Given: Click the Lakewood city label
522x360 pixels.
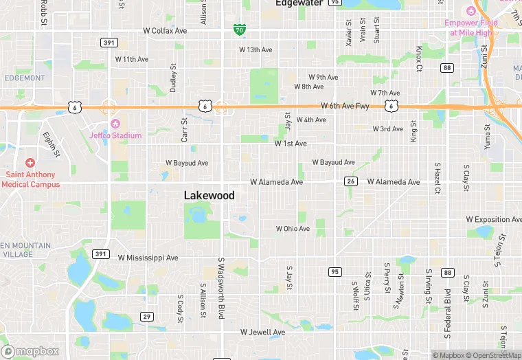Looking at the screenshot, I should tap(209, 196).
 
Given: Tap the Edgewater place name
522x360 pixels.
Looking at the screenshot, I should tap(299, 3).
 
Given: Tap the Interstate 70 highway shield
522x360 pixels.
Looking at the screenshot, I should tap(238, 30).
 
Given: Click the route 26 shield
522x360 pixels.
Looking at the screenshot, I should tap(351, 181).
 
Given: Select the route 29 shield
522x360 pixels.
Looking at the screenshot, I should tap(147, 316).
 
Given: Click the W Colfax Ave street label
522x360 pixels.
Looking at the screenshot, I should tap(165, 31).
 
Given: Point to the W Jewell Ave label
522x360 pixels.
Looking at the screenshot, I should tap(262, 333).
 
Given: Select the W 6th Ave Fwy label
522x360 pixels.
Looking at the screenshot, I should tap(345, 106).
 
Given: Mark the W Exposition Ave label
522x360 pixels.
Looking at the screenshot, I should tap(493, 220).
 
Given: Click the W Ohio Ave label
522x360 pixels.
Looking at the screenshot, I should tap(293, 229).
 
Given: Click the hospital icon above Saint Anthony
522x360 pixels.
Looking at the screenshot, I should tap(30, 163).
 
